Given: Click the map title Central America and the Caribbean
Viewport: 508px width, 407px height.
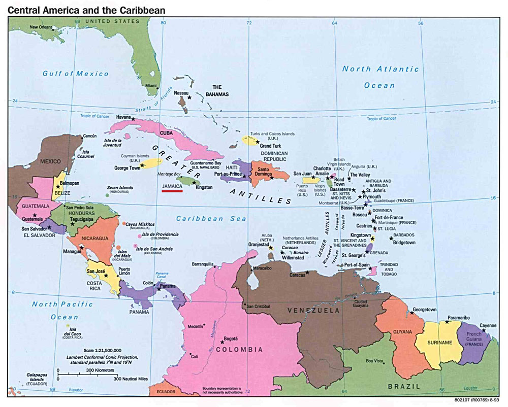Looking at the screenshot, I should point(86,10).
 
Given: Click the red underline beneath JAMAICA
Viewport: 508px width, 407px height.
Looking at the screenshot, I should point(172,192).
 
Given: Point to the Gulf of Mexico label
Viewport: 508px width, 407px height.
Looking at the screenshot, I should point(76,74).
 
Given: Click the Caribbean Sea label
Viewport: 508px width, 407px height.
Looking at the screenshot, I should point(211,219).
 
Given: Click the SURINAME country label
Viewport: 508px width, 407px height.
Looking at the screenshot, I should point(439,343).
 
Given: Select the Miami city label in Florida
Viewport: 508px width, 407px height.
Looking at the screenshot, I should point(151,86).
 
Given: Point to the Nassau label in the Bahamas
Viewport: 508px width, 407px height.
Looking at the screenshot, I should point(181,93).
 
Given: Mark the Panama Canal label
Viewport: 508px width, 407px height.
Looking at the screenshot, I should point(162,276).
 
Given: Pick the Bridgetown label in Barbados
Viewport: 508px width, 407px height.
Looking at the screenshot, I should point(404,243).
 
